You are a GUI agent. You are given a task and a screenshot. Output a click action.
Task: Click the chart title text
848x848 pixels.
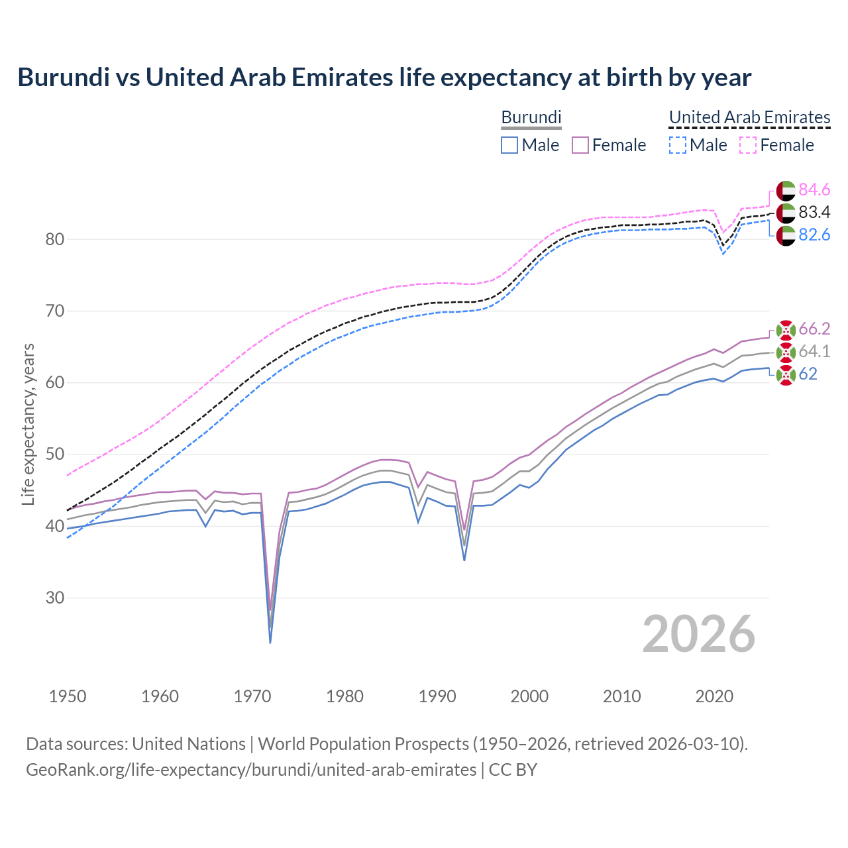pyautogui.click(x=384, y=78)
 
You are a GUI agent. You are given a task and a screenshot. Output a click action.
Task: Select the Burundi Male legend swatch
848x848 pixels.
pyautogui.click(x=509, y=145)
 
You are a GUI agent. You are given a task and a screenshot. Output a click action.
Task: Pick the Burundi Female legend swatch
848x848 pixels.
pyautogui.click(x=580, y=145)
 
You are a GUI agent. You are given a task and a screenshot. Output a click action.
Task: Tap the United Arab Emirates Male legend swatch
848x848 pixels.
pyautogui.click(x=677, y=145)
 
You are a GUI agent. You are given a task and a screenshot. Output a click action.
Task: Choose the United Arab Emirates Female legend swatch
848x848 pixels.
pyautogui.click(x=748, y=145)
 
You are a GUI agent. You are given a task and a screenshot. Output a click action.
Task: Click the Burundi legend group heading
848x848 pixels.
pyautogui.click(x=531, y=117)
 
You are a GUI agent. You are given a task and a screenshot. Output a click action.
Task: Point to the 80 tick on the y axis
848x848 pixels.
pyautogui.click(x=54, y=239)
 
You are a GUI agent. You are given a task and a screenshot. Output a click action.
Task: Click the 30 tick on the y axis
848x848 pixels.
pyautogui.click(x=54, y=598)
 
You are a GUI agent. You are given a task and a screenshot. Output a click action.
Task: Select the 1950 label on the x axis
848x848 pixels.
pyautogui.click(x=68, y=696)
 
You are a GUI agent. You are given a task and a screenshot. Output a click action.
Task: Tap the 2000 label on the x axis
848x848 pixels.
pyautogui.click(x=529, y=696)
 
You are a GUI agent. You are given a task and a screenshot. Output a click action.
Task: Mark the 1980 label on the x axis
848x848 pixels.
pyautogui.click(x=344, y=696)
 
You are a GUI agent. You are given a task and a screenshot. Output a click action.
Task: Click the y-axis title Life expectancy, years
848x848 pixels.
pyautogui.click(x=28, y=424)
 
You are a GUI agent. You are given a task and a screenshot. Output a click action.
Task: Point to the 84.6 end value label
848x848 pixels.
pyautogui.click(x=814, y=190)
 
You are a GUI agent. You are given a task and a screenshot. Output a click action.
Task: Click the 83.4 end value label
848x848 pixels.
pyautogui.click(x=814, y=213)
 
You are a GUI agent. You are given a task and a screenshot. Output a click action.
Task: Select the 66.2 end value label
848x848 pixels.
pyautogui.click(x=814, y=329)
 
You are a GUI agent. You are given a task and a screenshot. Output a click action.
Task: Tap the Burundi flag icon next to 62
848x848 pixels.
pyautogui.click(x=786, y=375)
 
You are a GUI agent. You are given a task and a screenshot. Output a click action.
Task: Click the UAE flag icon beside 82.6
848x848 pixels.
pyautogui.click(x=786, y=236)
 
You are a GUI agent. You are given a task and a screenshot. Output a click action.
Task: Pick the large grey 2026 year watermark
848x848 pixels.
pyautogui.click(x=699, y=634)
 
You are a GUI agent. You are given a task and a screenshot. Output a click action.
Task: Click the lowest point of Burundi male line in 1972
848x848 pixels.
pyautogui.click(x=270, y=643)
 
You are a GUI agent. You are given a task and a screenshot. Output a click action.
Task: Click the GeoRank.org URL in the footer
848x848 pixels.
pyautogui.click(x=251, y=770)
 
